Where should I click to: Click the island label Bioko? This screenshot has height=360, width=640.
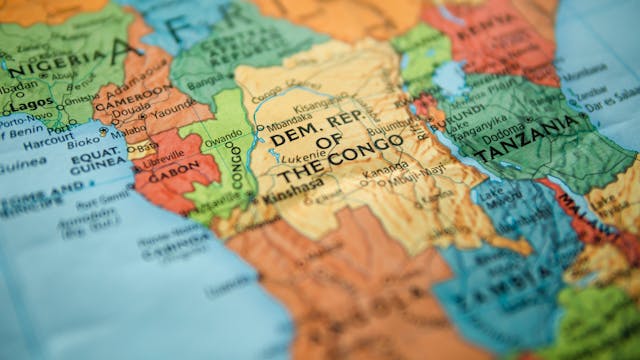[104, 131]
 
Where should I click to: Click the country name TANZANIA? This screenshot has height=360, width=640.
[529, 139]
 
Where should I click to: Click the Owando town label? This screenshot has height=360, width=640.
[223, 140]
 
